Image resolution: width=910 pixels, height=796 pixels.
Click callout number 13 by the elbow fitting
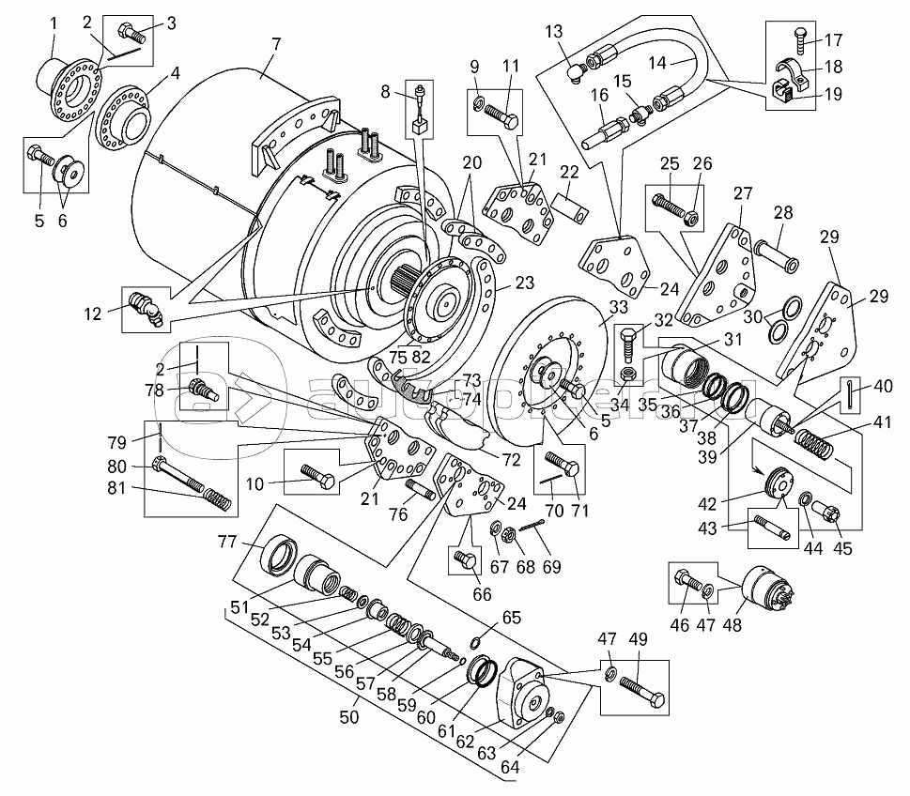pyautogui.click(x=554, y=32)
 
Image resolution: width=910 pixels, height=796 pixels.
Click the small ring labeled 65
pyautogui.click(x=476, y=642)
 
